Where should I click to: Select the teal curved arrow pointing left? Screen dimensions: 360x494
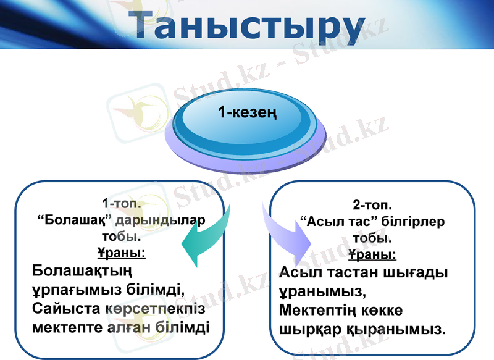tap(207, 238)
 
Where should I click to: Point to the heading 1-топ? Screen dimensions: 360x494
tap(122, 204)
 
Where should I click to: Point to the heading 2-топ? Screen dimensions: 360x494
tap(372, 205)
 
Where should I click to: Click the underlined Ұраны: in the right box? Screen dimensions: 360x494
tap(372, 254)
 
